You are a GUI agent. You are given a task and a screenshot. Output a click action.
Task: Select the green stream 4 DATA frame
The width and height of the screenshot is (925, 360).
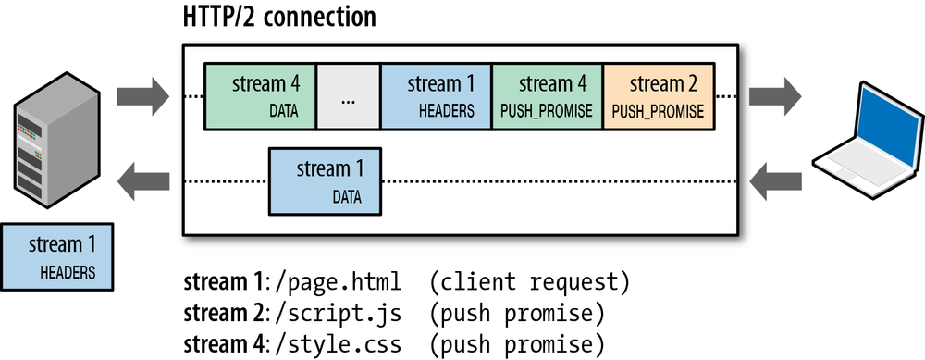coord(260,96)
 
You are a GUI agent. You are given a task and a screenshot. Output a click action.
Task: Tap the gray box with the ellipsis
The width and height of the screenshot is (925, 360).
coord(349,96)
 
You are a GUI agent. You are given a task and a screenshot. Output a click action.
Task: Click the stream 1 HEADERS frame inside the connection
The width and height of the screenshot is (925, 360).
coord(436,96)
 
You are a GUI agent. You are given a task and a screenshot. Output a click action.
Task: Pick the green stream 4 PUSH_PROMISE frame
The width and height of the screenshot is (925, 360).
coord(547,96)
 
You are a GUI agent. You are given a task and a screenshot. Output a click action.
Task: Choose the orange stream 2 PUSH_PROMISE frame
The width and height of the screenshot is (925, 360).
coord(658,96)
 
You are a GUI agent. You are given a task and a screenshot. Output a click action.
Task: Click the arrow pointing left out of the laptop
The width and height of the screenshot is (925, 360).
coord(775,180)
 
